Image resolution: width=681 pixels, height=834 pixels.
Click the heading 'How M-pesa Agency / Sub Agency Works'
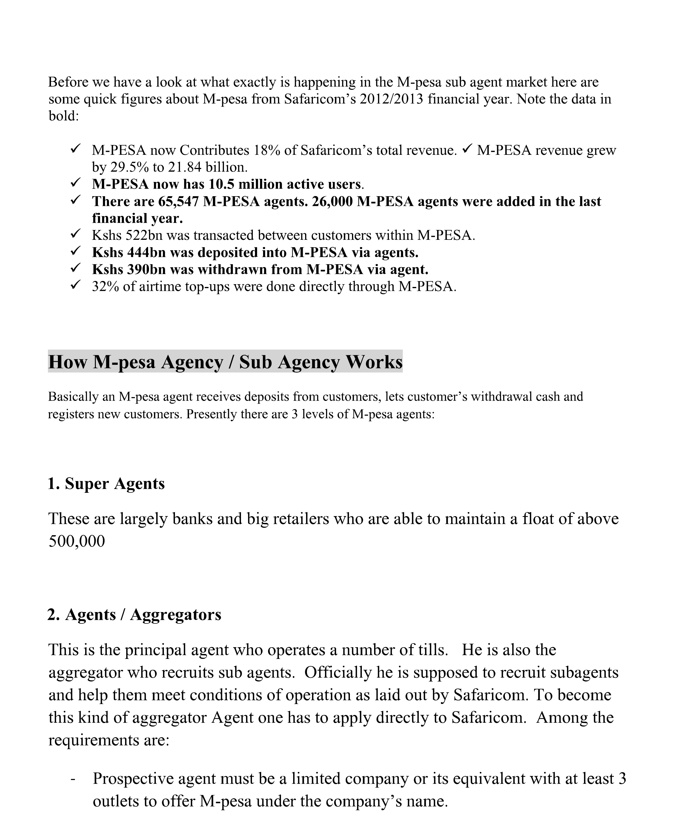[225, 362]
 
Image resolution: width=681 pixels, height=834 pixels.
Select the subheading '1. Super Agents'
[106, 484]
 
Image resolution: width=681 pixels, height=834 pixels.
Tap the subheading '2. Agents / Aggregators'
[134, 614]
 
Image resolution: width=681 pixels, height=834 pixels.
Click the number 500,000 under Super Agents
[77, 541]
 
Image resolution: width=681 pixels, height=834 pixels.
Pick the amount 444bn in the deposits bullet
[146, 253]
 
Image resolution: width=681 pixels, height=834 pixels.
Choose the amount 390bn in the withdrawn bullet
[146, 270]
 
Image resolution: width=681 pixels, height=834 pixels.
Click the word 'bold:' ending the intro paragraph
[64, 116]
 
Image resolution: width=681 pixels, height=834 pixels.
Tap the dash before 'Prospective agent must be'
[73, 779]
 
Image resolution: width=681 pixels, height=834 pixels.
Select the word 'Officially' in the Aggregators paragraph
[338, 673]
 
